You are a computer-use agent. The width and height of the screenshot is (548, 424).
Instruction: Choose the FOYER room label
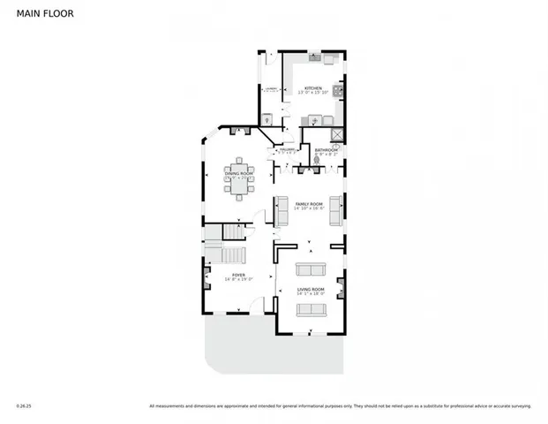pyautogui.click(x=238, y=276)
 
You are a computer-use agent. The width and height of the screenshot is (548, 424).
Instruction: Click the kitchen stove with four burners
pyautogui.click(x=337, y=89)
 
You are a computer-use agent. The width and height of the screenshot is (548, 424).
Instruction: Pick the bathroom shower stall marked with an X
pyautogui.click(x=336, y=133)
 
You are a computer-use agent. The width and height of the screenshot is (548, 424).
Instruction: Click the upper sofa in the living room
pyautogui.click(x=310, y=269)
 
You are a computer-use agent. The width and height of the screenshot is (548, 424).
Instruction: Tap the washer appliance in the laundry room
pyautogui.click(x=268, y=119)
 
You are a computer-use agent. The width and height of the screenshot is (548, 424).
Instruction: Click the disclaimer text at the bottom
pyautogui.click(x=340, y=406)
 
